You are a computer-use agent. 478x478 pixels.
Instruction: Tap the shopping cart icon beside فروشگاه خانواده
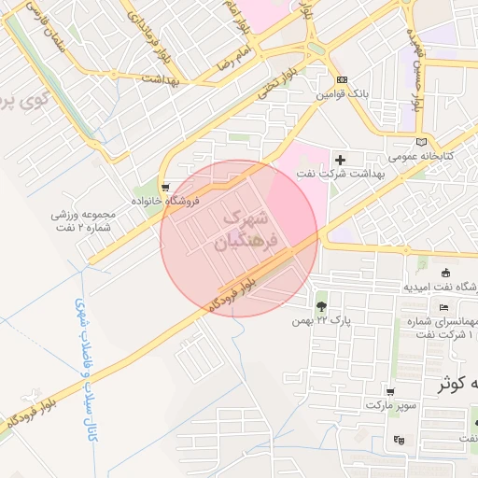click(165, 185)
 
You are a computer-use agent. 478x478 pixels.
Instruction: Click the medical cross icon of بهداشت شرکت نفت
click(340, 161)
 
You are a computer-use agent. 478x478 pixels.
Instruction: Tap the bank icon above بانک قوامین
click(343, 81)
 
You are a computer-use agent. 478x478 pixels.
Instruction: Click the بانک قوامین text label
click(343, 94)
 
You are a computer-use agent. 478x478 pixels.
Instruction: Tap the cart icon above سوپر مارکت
click(390, 393)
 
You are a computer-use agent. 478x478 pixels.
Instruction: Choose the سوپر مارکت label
click(390, 407)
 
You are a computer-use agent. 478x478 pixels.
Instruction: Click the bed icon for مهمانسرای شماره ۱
click(443, 308)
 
